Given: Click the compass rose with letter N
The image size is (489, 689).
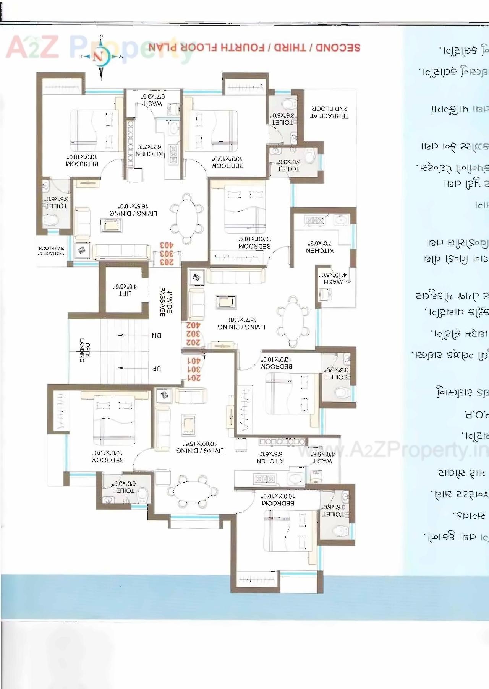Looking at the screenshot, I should click(100, 57).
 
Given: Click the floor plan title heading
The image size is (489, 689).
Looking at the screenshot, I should click(254, 48).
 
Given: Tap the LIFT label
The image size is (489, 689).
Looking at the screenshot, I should click(125, 293).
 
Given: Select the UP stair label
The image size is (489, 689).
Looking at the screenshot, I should click(157, 369).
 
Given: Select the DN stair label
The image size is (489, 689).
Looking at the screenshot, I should click(157, 336).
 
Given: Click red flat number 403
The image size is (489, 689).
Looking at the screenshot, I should click(167, 245).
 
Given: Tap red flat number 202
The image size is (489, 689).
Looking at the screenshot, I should click(193, 342).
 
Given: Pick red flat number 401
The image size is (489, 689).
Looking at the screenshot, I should click(194, 361).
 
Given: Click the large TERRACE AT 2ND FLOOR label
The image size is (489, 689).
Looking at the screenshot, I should click(329, 112).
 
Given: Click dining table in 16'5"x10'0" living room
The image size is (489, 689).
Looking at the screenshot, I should click(187, 218).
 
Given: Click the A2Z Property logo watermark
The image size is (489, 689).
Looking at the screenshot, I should click(50, 48).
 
